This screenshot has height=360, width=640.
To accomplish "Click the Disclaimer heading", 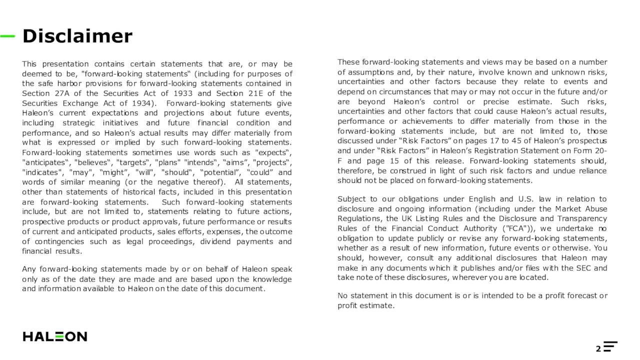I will point(77,36).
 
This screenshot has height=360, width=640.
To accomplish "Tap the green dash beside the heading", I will point(7,36).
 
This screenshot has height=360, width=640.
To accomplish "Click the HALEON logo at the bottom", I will point(55,336).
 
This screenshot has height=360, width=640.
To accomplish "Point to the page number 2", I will point(598,348).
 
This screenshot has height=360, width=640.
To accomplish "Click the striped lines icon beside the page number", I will point(610,346).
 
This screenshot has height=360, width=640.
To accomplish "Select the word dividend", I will point(214,241).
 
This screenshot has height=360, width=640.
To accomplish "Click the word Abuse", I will point(595,209).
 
